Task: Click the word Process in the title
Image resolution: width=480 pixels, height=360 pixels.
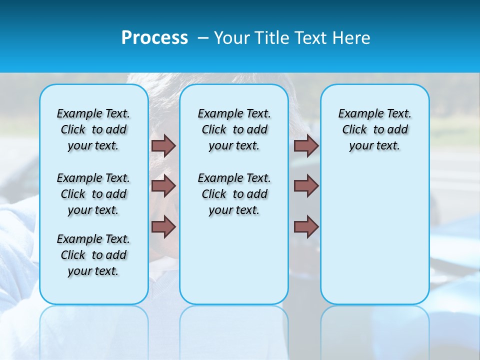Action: (x=154, y=38)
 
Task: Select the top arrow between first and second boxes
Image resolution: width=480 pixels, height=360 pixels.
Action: (x=163, y=145)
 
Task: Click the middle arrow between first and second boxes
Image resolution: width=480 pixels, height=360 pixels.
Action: (x=163, y=186)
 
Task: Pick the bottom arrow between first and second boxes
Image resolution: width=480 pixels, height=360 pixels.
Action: (x=163, y=226)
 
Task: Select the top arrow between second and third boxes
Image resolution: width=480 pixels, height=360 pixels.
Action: (x=306, y=145)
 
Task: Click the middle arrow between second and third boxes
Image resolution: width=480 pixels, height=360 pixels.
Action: (x=306, y=186)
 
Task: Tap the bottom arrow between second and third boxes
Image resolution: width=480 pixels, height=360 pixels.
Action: (x=306, y=226)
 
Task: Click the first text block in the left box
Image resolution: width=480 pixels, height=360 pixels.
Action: (x=93, y=129)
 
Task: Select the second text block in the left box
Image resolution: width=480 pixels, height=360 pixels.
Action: (x=93, y=194)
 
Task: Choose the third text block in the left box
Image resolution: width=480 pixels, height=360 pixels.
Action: (x=93, y=255)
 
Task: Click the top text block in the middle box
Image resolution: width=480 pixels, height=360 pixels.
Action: (x=234, y=129)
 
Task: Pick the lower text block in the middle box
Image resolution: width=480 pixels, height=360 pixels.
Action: (x=234, y=194)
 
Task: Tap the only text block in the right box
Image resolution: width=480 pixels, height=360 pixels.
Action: (x=374, y=129)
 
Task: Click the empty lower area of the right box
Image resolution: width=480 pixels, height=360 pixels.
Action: (x=374, y=235)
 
